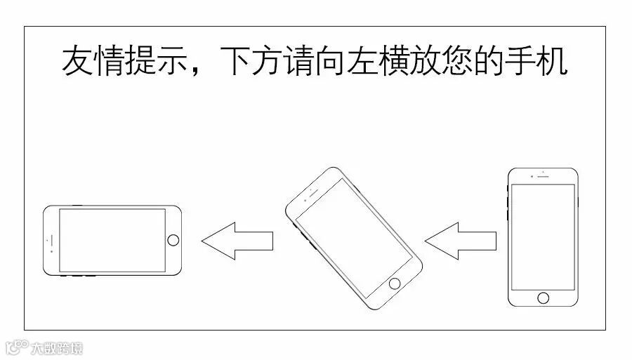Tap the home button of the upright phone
(543, 297)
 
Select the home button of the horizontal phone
(173, 240)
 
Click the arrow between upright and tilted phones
(461, 241)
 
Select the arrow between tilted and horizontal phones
(237, 241)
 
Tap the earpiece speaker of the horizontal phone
(50, 240)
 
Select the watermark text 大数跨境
(56, 347)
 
